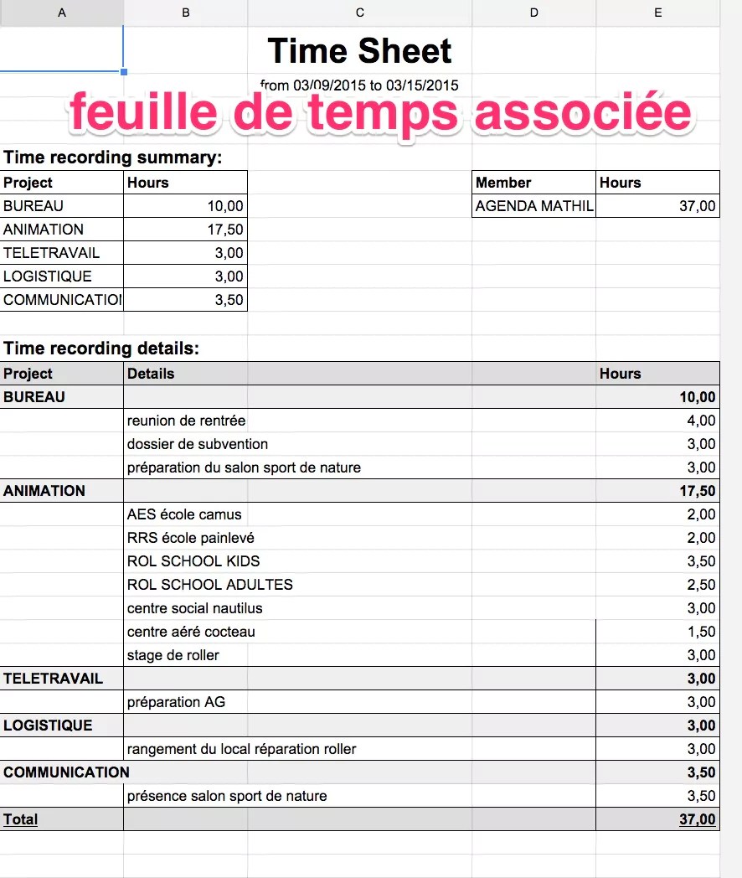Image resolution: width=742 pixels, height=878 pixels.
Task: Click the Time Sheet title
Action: tap(360, 51)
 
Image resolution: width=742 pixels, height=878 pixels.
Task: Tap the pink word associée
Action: tap(584, 113)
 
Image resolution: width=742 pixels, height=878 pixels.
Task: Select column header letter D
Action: tap(534, 13)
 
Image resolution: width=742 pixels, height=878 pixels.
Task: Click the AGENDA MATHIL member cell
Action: tap(533, 206)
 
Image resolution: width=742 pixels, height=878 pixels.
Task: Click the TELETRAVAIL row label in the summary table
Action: tap(51, 253)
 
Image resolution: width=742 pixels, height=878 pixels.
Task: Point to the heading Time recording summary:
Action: tap(113, 158)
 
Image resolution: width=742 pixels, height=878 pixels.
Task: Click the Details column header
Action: tap(151, 374)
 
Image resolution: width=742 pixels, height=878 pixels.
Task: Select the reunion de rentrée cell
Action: tap(186, 421)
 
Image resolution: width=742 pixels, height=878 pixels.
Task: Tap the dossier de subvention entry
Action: tap(198, 444)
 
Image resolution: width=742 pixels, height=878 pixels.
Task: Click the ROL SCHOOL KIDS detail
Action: tap(193, 561)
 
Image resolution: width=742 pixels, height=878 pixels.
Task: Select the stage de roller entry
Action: tap(173, 655)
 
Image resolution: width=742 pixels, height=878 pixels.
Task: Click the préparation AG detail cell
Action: tap(176, 702)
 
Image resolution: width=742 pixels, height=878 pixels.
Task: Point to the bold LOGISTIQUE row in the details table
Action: tap(48, 726)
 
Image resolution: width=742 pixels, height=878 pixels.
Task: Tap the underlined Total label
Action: tap(20, 819)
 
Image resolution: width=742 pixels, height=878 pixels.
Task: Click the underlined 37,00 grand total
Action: tap(697, 819)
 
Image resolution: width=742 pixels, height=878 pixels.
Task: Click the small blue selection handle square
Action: tap(124, 72)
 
